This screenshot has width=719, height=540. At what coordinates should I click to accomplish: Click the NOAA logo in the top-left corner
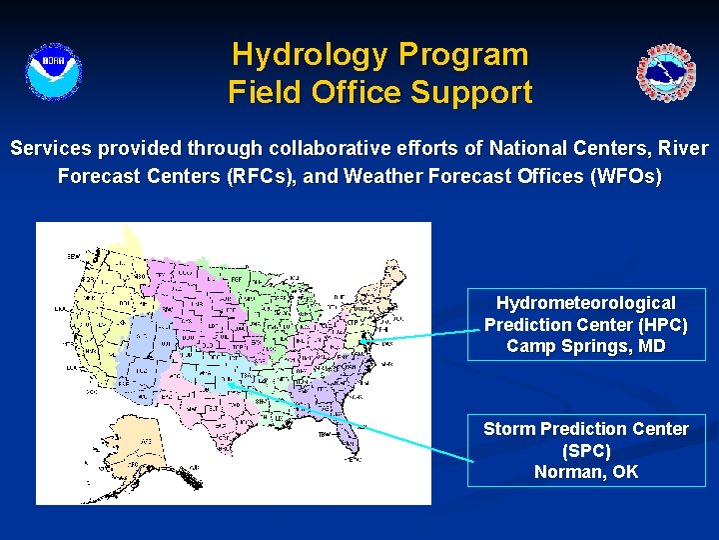click(53, 72)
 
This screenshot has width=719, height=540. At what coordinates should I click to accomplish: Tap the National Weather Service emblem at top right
click(666, 73)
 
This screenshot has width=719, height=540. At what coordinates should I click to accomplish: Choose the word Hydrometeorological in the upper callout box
click(586, 303)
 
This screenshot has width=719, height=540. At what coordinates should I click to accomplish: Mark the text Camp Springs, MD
click(586, 347)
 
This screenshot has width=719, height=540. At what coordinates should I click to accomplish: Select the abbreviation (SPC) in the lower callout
click(586, 451)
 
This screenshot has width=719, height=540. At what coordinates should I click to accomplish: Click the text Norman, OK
click(586, 472)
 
